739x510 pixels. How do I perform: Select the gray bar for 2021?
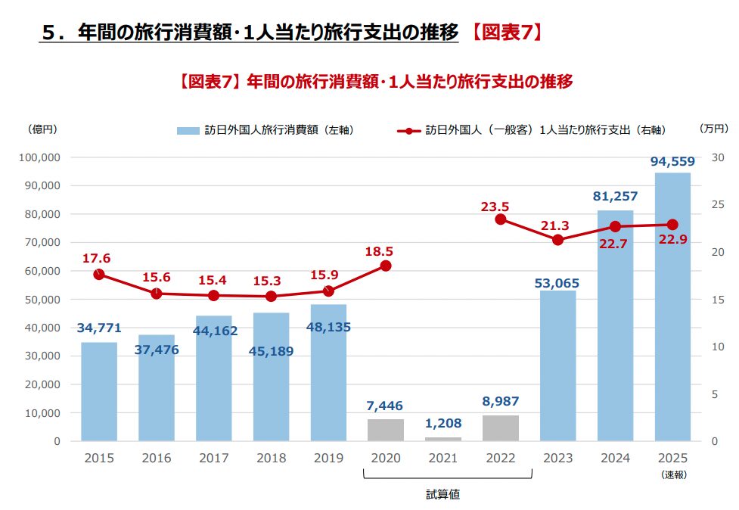[x=443, y=439]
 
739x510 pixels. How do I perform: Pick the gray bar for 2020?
[x=386, y=430]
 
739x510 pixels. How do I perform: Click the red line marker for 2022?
[x=500, y=219]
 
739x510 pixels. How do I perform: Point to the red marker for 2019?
[x=328, y=291]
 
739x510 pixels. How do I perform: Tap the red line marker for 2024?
[x=615, y=226]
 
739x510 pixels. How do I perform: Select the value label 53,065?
[x=557, y=284]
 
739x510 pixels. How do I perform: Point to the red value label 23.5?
[x=495, y=206]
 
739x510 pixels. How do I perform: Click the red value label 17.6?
[x=96, y=258]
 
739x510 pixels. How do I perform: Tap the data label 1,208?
[x=443, y=423]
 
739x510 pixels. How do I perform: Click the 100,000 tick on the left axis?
[x=39, y=157]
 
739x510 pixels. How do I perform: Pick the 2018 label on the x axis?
[x=271, y=459]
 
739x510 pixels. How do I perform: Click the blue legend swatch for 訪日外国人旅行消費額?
[x=188, y=130]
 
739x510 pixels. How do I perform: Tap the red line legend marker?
[x=408, y=130]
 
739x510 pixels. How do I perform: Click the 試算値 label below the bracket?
[x=443, y=495]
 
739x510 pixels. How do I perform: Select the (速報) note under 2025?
[x=672, y=474]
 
